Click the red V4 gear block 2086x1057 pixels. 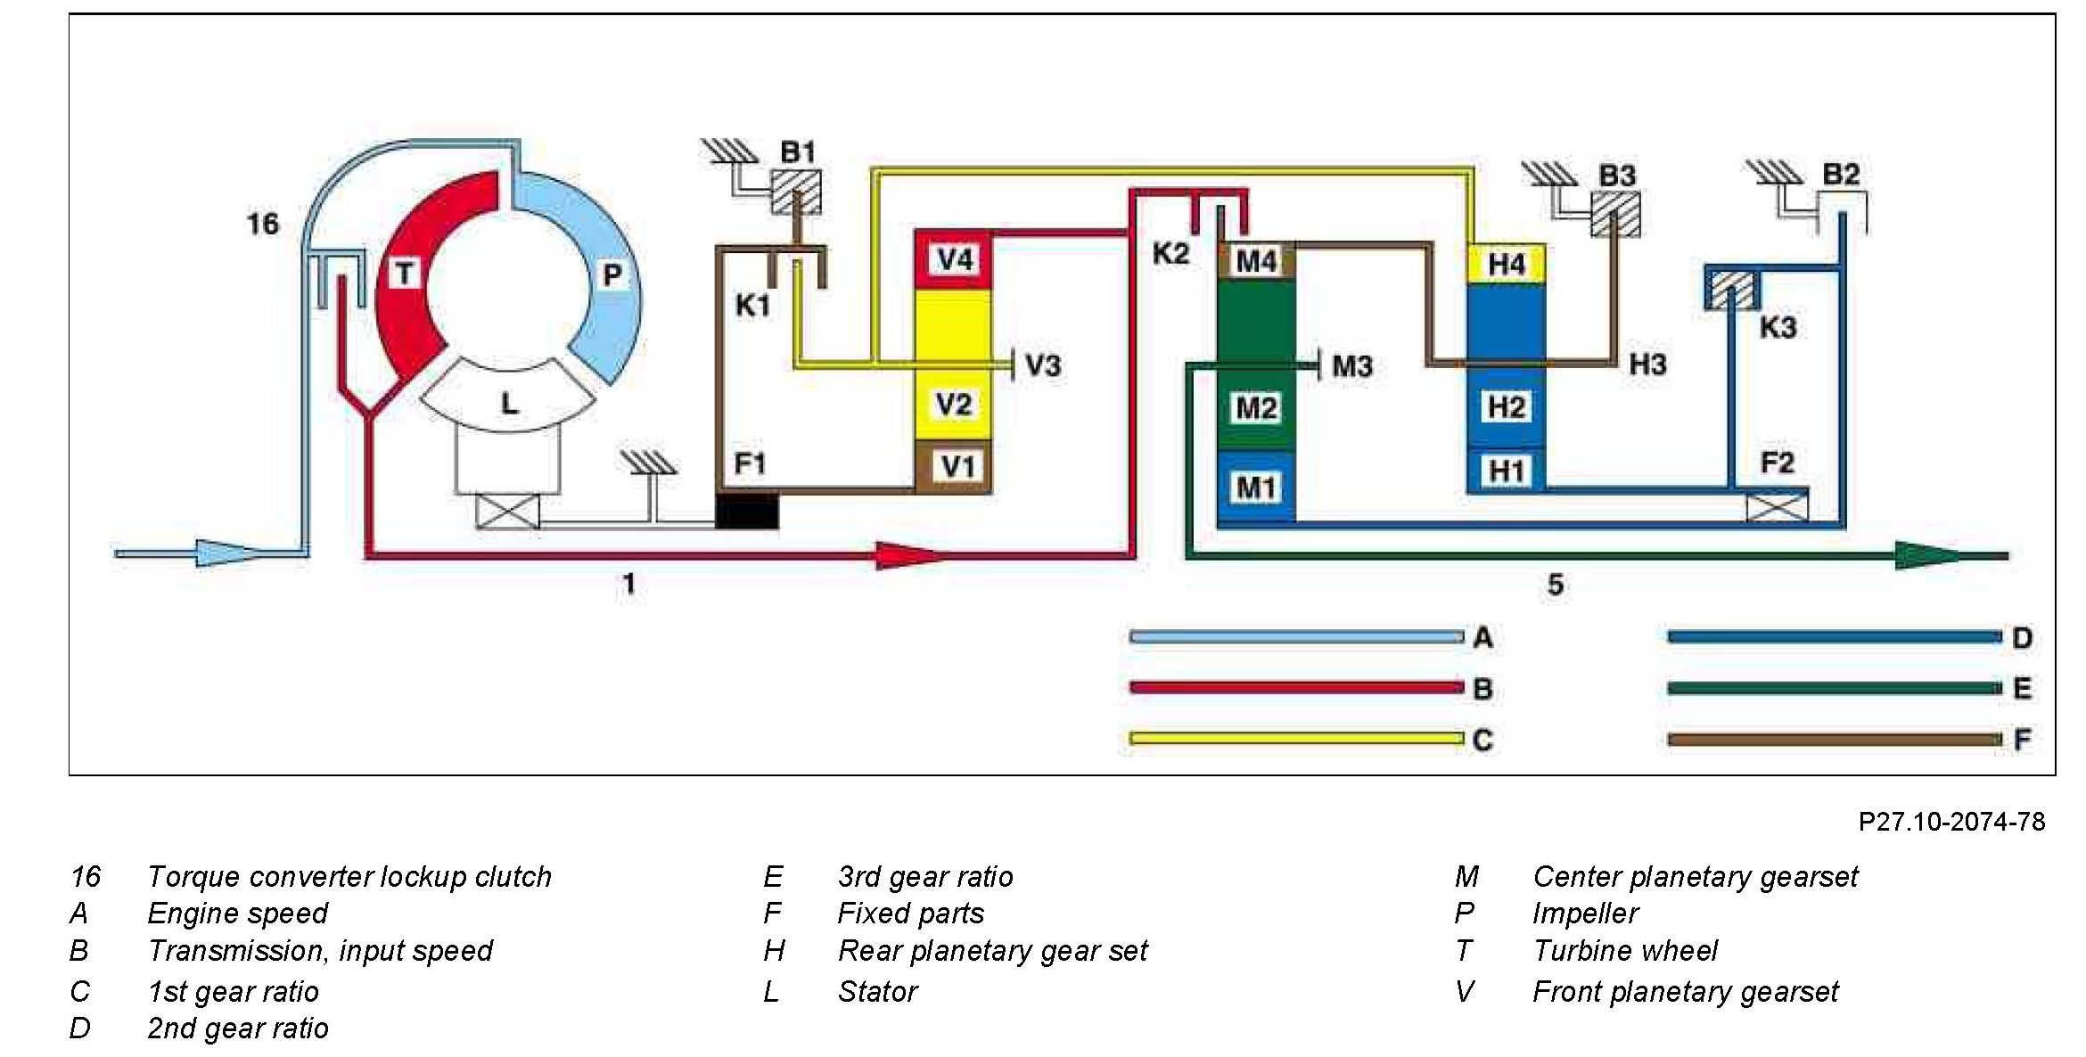953,260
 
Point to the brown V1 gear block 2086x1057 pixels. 953,466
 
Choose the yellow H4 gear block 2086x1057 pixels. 1506,264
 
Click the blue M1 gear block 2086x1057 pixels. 1255,487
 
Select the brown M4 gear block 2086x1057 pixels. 1255,262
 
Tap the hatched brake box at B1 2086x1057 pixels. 795,192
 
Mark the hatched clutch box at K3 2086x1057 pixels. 1731,289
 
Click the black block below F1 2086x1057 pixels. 747,511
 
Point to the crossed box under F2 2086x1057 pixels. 1777,508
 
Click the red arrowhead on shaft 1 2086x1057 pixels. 909,555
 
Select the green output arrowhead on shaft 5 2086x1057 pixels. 1930,555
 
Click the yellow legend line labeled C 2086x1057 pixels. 1295,738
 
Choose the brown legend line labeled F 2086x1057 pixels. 1834,739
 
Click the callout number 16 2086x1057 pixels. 262,223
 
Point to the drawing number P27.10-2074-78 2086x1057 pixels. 1950,821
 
